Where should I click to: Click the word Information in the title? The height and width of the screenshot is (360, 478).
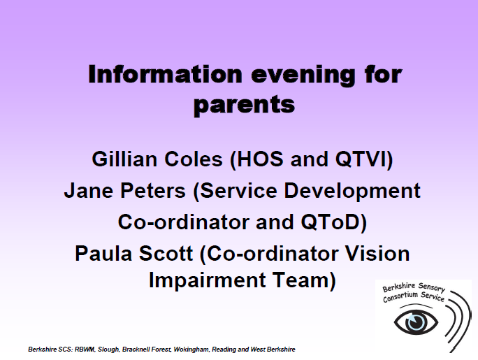click(165, 74)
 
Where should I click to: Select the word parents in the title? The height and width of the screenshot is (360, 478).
click(244, 106)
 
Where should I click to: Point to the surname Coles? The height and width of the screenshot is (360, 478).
click(194, 159)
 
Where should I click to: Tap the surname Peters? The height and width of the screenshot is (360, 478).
click(153, 191)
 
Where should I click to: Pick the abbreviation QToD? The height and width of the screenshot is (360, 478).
click(331, 222)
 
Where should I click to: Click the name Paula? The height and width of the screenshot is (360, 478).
click(103, 254)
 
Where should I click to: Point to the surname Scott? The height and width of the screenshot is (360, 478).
click(166, 254)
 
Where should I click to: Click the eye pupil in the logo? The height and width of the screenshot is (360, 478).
click(416, 322)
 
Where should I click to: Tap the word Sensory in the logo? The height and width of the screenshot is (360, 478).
click(432, 287)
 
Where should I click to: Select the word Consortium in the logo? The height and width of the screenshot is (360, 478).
click(400, 296)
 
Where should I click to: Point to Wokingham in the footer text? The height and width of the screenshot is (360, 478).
click(191, 350)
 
